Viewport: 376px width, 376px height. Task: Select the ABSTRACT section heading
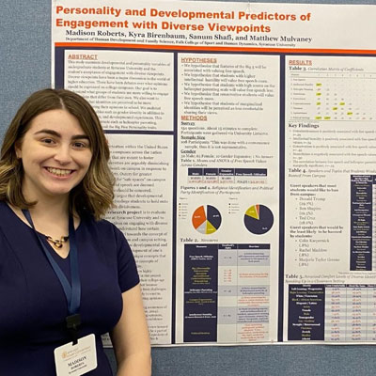click(x=84, y=56)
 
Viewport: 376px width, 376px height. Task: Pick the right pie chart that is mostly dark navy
click(x=258, y=219)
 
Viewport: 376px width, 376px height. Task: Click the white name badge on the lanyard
click(x=75, y=356)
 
